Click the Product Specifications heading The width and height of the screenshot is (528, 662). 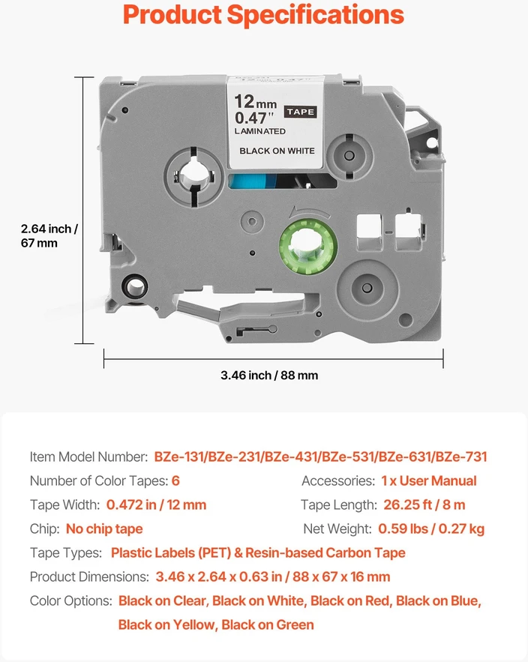coord(263,15)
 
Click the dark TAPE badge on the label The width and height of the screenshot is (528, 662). coord(300,112)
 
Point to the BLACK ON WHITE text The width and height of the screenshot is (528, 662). coord(277,151)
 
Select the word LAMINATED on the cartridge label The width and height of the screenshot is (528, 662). coord(260,131)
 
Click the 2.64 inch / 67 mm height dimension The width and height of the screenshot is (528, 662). coord(49,235)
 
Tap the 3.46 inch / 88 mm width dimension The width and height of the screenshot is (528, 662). coord(269,375)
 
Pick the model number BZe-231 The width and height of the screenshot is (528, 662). coord(235,457)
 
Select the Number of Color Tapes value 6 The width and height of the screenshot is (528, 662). coord(175,481)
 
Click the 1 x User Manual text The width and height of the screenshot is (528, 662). coord(429,481)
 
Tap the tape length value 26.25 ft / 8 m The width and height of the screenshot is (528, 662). coord(424,505)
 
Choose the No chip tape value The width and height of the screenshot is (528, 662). coord(104,529)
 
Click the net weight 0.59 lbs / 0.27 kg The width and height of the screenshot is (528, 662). coord(431,529)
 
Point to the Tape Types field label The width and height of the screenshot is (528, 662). coord(66,553)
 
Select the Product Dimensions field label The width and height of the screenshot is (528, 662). coord(89,577)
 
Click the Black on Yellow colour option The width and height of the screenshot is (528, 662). coord(166,625)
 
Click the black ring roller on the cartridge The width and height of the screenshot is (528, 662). coord(135,287)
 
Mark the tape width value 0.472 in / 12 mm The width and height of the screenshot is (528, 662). coord(156,505)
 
